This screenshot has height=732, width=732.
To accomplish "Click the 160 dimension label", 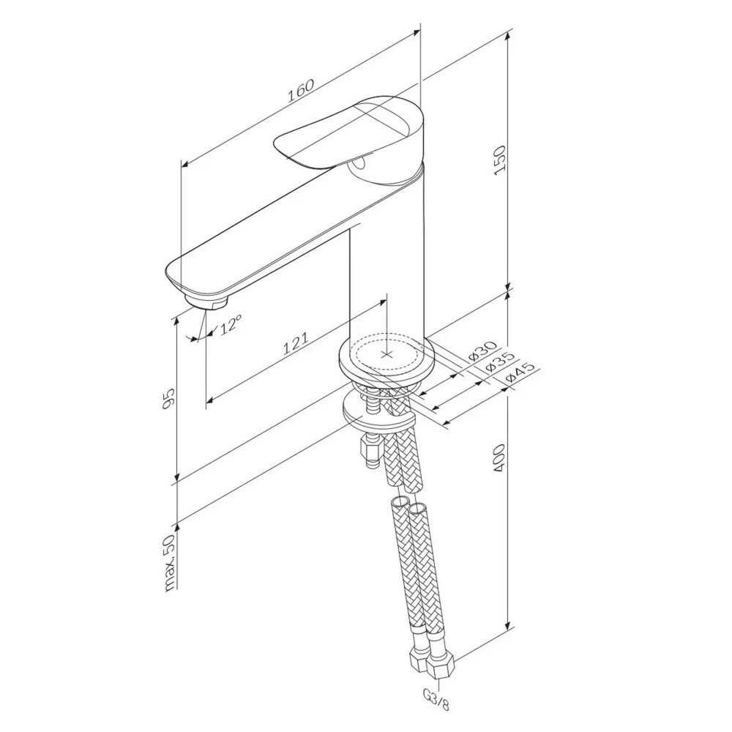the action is pyautogui.click(x=300, y=91).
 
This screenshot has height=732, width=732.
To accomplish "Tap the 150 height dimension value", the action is pyautogui.click(x=500, y=160).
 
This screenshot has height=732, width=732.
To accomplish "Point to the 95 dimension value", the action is pyautogui.click(x=168, y=397).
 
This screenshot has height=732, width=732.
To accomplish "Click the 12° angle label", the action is pyautogui.click(x=231, y=324).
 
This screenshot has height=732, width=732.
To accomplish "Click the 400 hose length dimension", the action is pyautogui.click(x=499, y=457).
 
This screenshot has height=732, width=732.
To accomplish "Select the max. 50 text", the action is pyautogui.click(x=169, y=562).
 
